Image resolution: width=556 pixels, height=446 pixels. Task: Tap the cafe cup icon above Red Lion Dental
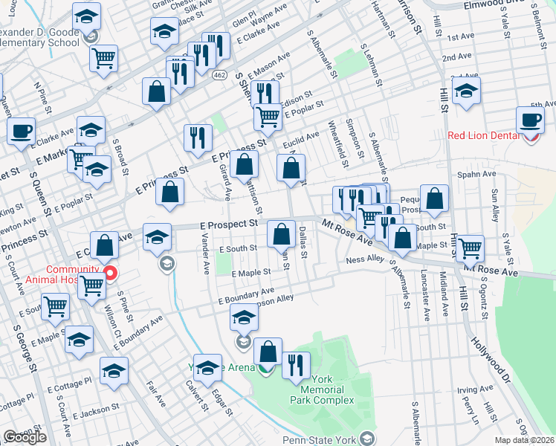click(x=531, y=119)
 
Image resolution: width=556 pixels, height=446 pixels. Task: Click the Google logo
click(x=25, y=438)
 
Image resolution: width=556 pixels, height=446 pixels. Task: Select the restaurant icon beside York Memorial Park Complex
click(x=297, y=364)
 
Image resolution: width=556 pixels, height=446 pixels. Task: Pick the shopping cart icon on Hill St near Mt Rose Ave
click(x=469, y=248)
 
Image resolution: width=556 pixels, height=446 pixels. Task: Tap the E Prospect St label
click(x=227, y=223)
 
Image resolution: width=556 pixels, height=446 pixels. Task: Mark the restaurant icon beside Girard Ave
click(x=198, y=137)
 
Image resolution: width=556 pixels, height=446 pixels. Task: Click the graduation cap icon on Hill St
click(x=467, y=92)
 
